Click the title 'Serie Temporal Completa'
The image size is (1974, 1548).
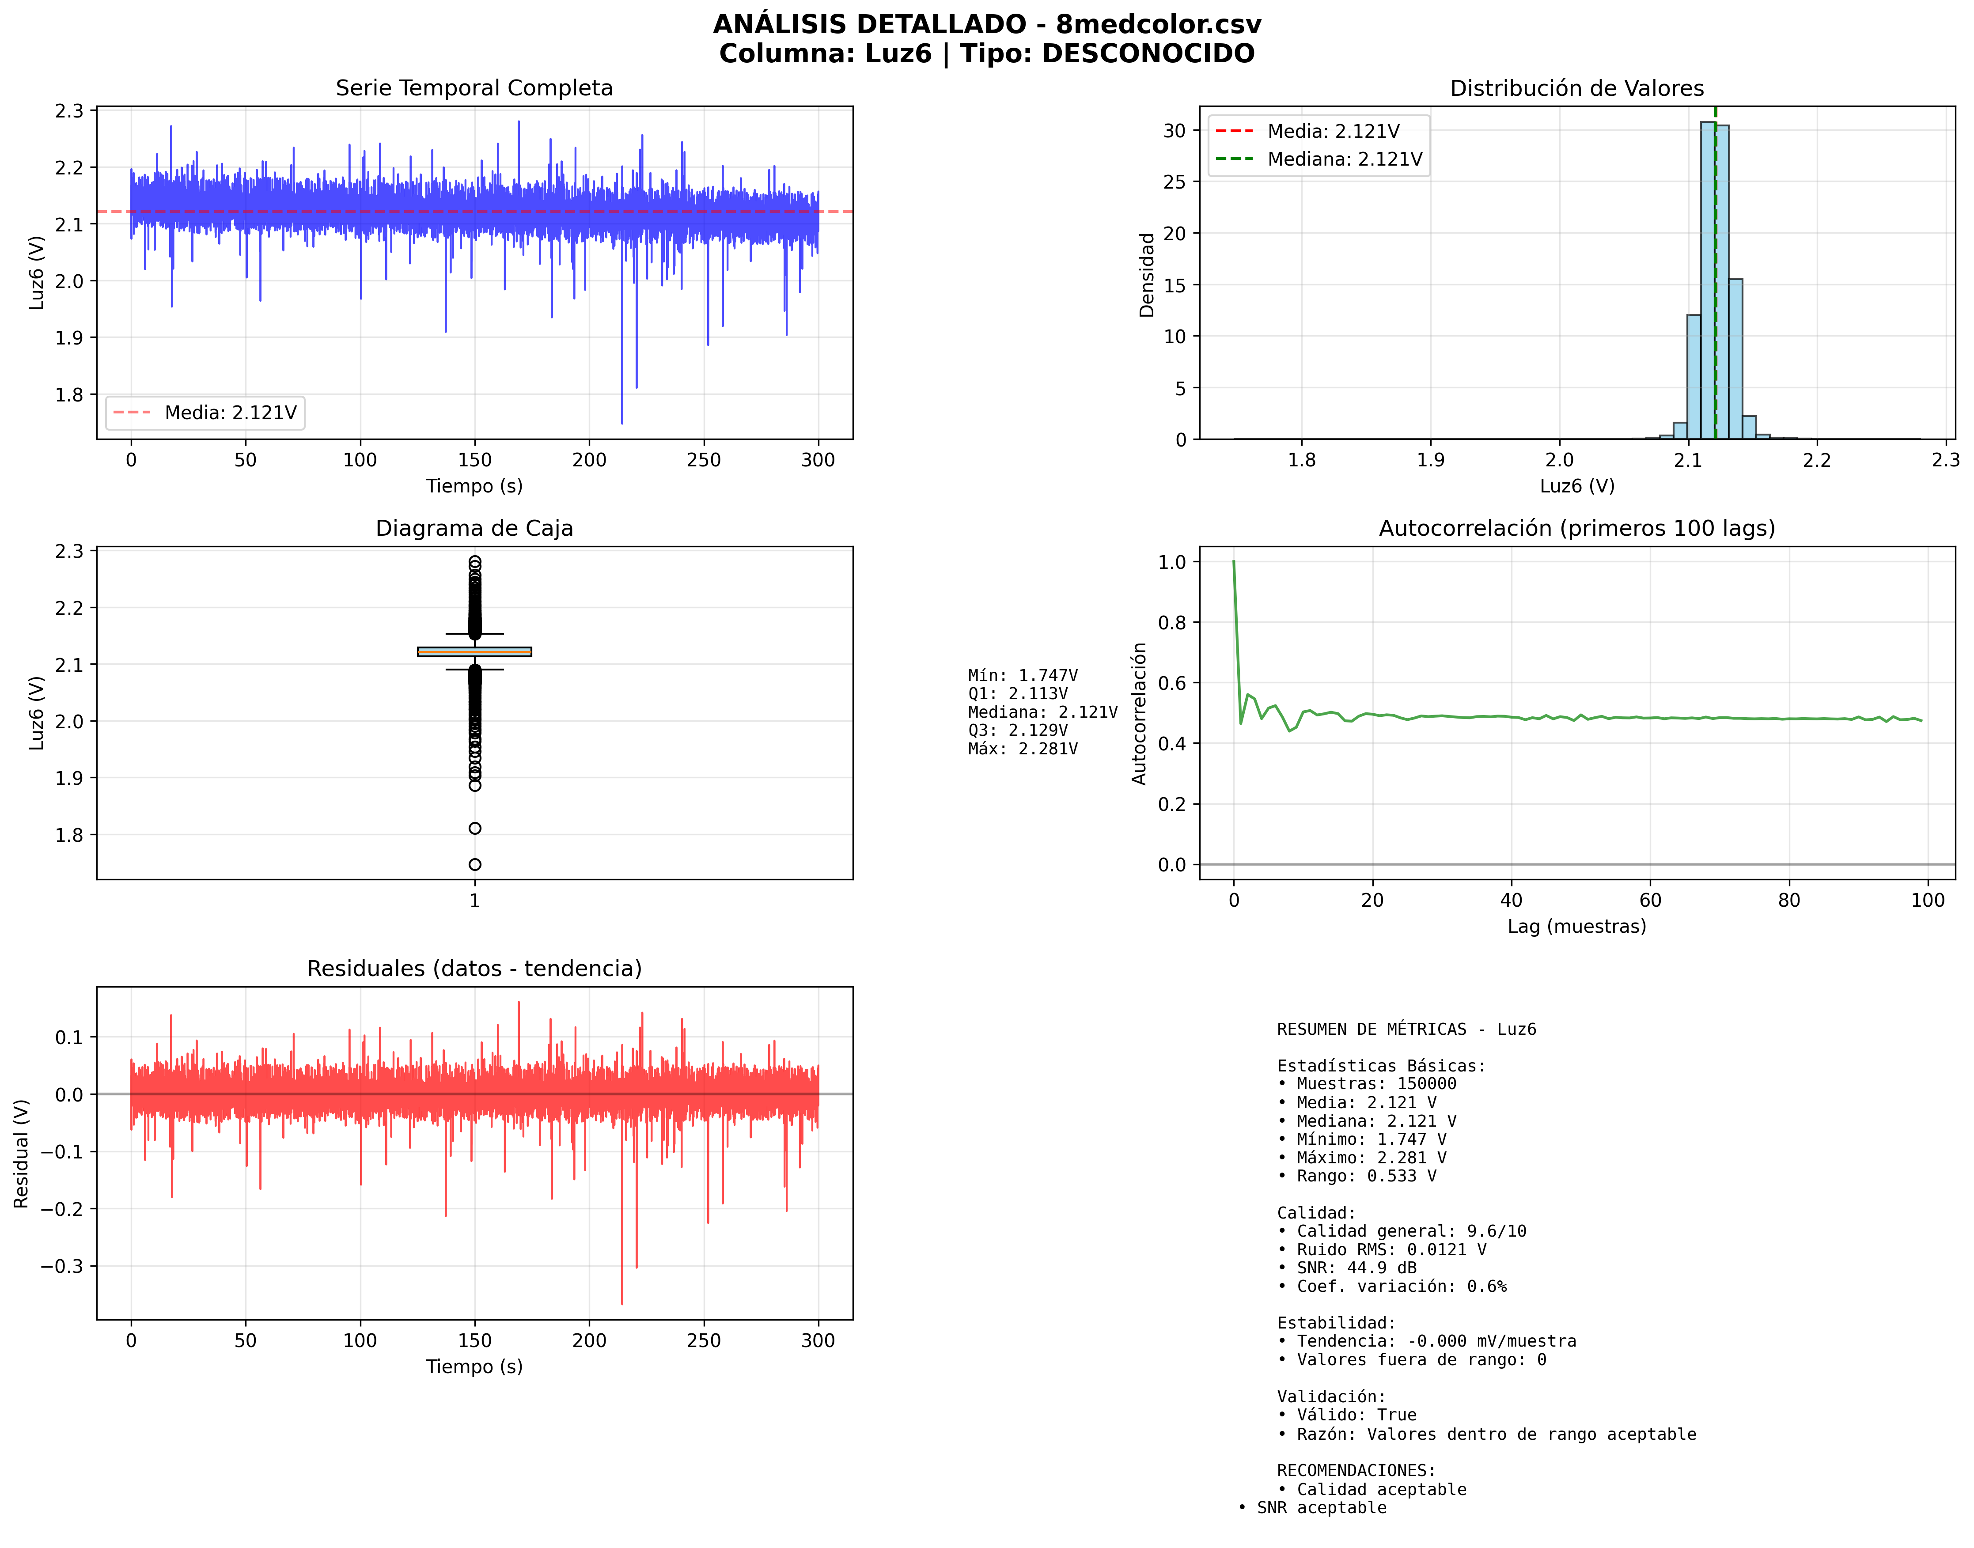tap(474, 88)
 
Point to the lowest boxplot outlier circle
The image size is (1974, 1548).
tap(475, 865)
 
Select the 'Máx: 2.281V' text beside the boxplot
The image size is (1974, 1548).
tap(1023, 749)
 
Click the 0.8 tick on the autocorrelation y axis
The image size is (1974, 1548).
tap(1172, 623)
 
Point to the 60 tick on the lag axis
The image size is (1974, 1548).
tap(1649, 900)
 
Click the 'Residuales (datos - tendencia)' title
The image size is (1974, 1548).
tap(474, 969)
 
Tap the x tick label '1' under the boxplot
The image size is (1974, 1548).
tap(475, 901)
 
